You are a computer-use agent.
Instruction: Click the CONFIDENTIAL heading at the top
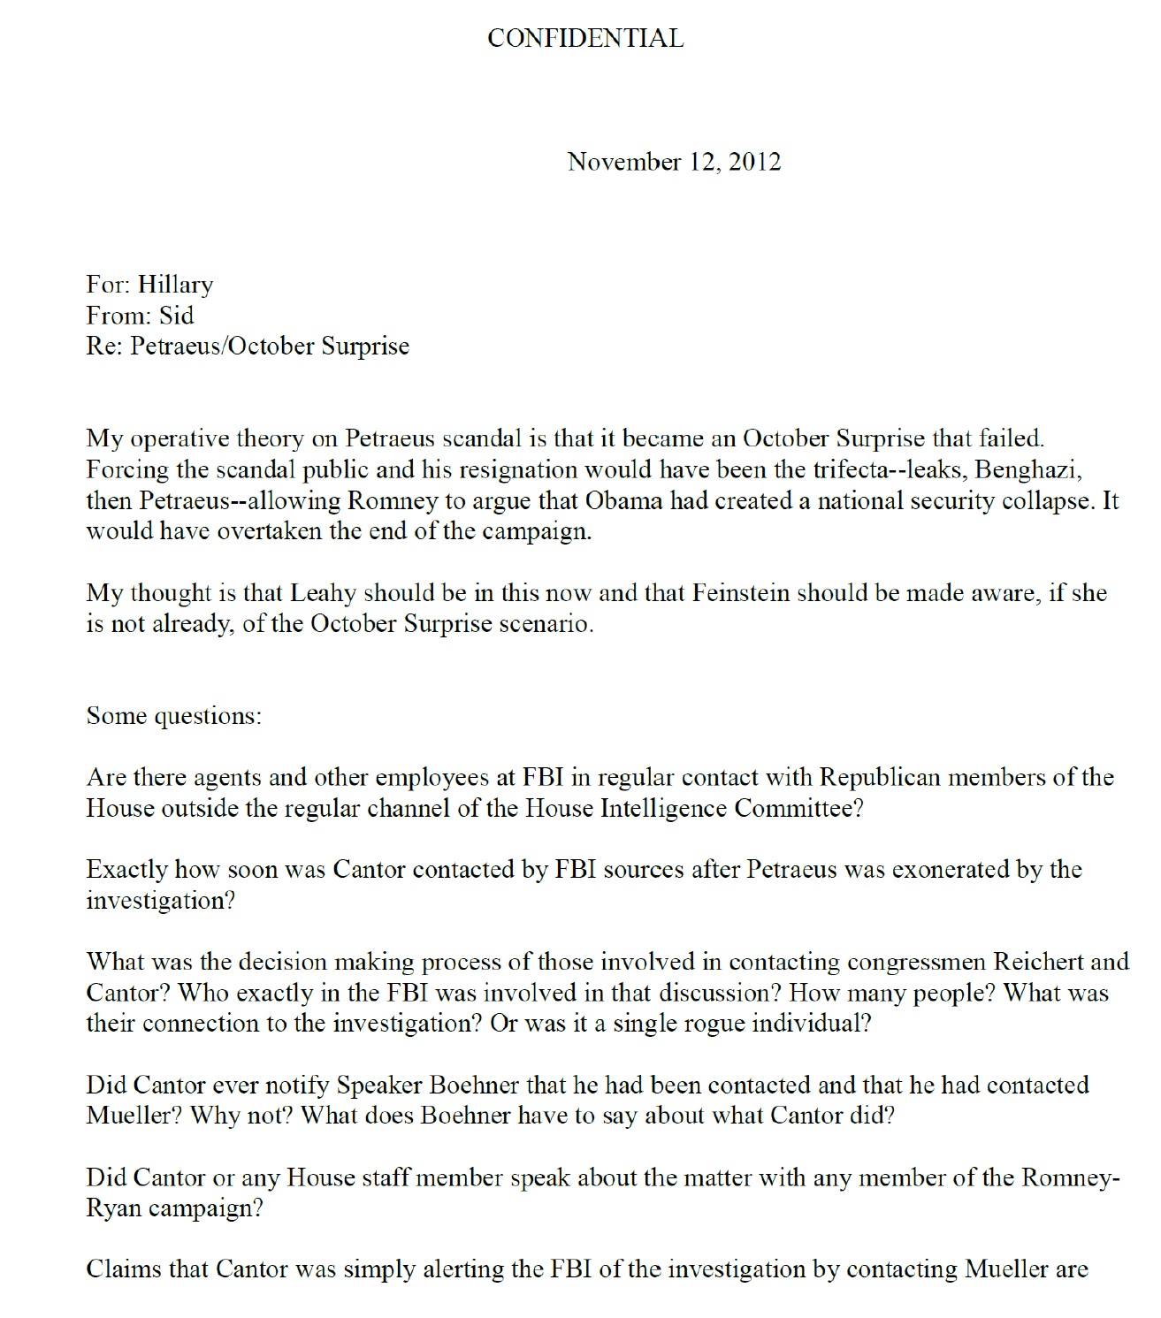(585, 38)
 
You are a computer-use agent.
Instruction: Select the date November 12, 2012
(674, 162)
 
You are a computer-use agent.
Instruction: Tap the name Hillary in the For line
(175, 285)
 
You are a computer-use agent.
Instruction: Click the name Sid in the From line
(176, 316)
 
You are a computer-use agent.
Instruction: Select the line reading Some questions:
(174, 715)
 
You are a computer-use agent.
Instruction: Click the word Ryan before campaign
(113, 1208)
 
